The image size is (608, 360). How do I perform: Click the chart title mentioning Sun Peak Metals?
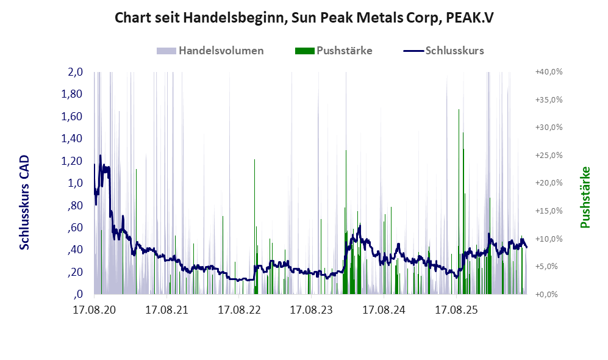[304, 18]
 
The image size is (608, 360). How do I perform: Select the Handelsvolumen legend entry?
[210, 51]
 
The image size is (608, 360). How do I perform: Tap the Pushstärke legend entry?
[334, 51]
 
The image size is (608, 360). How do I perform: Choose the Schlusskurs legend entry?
[443, 51]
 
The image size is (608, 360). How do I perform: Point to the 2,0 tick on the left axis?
[75, 72]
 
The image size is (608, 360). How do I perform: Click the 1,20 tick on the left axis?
[72, 160]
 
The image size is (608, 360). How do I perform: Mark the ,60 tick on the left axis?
[75, 228]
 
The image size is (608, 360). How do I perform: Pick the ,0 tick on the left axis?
[78, 294]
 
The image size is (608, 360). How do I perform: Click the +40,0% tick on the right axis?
[549, 72]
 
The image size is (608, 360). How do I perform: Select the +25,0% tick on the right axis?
[549, 155]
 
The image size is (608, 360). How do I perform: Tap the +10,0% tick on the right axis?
[549, 239]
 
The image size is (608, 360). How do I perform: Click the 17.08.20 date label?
[95, 310]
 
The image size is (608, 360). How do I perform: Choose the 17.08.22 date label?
[239, 310]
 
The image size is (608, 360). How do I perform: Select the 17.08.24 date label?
[384, 310]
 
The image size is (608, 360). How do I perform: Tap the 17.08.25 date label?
[456, 310]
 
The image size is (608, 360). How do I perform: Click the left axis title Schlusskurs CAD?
[24, 203]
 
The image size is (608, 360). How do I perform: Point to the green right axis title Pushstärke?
[585, 198]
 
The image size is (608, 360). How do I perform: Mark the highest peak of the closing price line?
[101, 156]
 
